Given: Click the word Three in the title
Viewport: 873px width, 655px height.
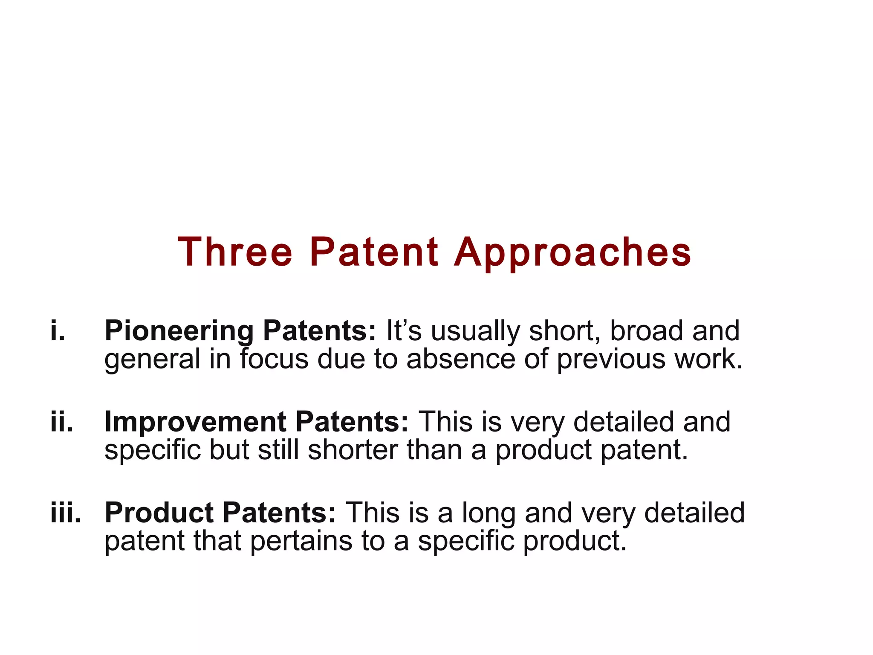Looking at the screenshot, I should click(x=235, y=252).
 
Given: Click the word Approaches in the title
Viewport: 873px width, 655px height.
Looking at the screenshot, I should click(x=572, y=253).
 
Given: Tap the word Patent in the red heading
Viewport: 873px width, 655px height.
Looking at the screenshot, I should click(x=374, y=252).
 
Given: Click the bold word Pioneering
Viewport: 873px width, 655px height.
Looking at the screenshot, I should click(x=179, y=331).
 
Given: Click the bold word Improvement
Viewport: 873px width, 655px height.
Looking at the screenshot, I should click(x=195, y=422).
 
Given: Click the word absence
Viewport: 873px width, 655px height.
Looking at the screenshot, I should click(x=460, y=359).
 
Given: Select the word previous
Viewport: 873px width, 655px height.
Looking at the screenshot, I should click(x=610, y=359).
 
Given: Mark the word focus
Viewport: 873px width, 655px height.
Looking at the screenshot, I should click(x=274, y=359).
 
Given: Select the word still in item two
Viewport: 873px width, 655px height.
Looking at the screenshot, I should click(x=278, y=450).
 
